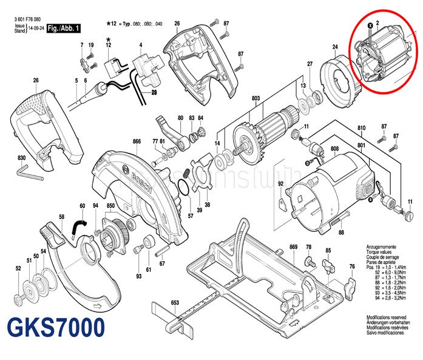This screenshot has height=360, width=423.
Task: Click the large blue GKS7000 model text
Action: [x=55, y=328]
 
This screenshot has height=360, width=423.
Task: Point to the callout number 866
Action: [x=137, y=141]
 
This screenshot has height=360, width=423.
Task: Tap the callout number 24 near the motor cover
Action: [x=334, y=47]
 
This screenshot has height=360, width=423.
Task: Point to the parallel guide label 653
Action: [x=175, y=302]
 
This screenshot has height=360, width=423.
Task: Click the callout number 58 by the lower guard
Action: [x=61, y=217]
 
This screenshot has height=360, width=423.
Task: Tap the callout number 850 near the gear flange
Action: [x=110, y=206]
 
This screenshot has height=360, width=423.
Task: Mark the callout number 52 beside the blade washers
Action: [x=18, y=268]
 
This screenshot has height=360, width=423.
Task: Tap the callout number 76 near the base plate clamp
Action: [x=351, y=267]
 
